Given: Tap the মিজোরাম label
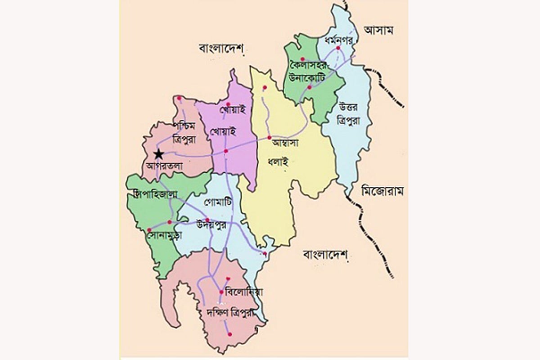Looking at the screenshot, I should point(382,191).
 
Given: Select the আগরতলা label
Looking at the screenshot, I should point(164,165).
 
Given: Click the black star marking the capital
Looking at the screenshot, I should point(158,154).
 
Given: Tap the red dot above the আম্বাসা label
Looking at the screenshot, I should point(269,137).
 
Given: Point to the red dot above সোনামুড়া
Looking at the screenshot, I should point(149,230).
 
